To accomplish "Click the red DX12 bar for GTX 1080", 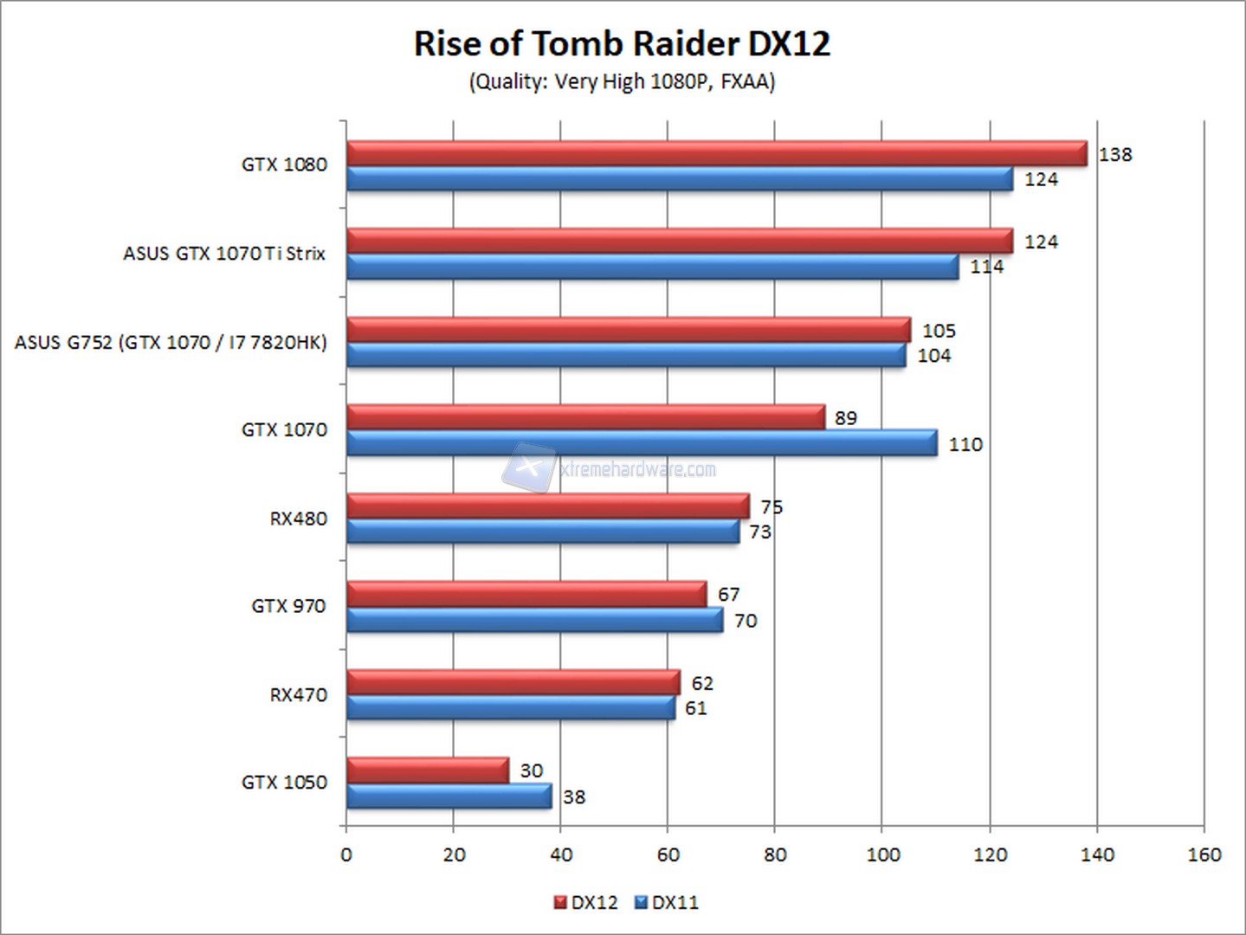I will click(716, 153).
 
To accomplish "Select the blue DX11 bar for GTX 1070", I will click(641, 443).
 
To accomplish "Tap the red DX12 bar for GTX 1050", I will click(427, 770).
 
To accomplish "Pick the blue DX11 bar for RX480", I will click(542, 531).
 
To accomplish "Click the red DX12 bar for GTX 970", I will click(526, 594).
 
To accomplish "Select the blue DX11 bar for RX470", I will click(510, 707).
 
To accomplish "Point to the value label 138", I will click(1114, 154).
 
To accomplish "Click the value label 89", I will click(845, 418).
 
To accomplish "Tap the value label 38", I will click(573, 796).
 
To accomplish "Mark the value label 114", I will click(986, 267).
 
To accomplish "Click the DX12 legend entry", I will click(585, 902).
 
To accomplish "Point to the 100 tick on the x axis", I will click(882, 854).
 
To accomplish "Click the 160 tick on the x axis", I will click(1204, 854).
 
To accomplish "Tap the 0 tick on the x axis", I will click(346, 854).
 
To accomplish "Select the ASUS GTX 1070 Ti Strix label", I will click(224, 254).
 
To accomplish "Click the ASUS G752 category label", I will click(171, 342).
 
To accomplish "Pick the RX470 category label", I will click(298, 694).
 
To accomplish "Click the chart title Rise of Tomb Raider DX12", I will click(622, 43).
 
